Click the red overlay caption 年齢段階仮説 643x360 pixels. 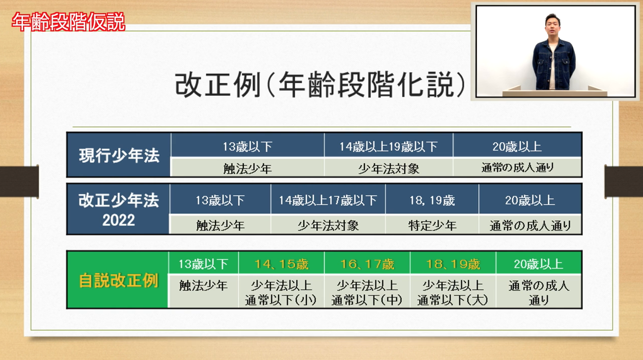pos(69,22)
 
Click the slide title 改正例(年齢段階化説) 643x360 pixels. pos(320,85)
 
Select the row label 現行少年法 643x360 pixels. pos(119,156)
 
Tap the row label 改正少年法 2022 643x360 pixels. pos(119,210)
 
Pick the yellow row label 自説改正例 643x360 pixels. pos(118,281)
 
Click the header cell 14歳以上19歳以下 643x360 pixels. pos(389,147)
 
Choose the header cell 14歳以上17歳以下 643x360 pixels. pos(328,200)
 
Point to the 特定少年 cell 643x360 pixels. pos(433,225)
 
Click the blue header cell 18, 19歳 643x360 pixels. pos(432,200)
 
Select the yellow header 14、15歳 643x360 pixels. pos(281,264)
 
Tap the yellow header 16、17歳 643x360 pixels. pos(367,264)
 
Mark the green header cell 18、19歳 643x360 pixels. pos(453,264)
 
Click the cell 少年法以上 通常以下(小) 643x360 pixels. pos(281,293)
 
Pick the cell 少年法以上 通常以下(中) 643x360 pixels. pos(367,293)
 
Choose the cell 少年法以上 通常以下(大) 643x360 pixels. pos(453,293)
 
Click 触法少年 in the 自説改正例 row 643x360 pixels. pos(203,286)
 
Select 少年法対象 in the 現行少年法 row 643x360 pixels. pos(389,169)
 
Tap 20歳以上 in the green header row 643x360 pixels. pos(539,264)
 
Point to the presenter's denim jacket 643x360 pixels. pos(554,65)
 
